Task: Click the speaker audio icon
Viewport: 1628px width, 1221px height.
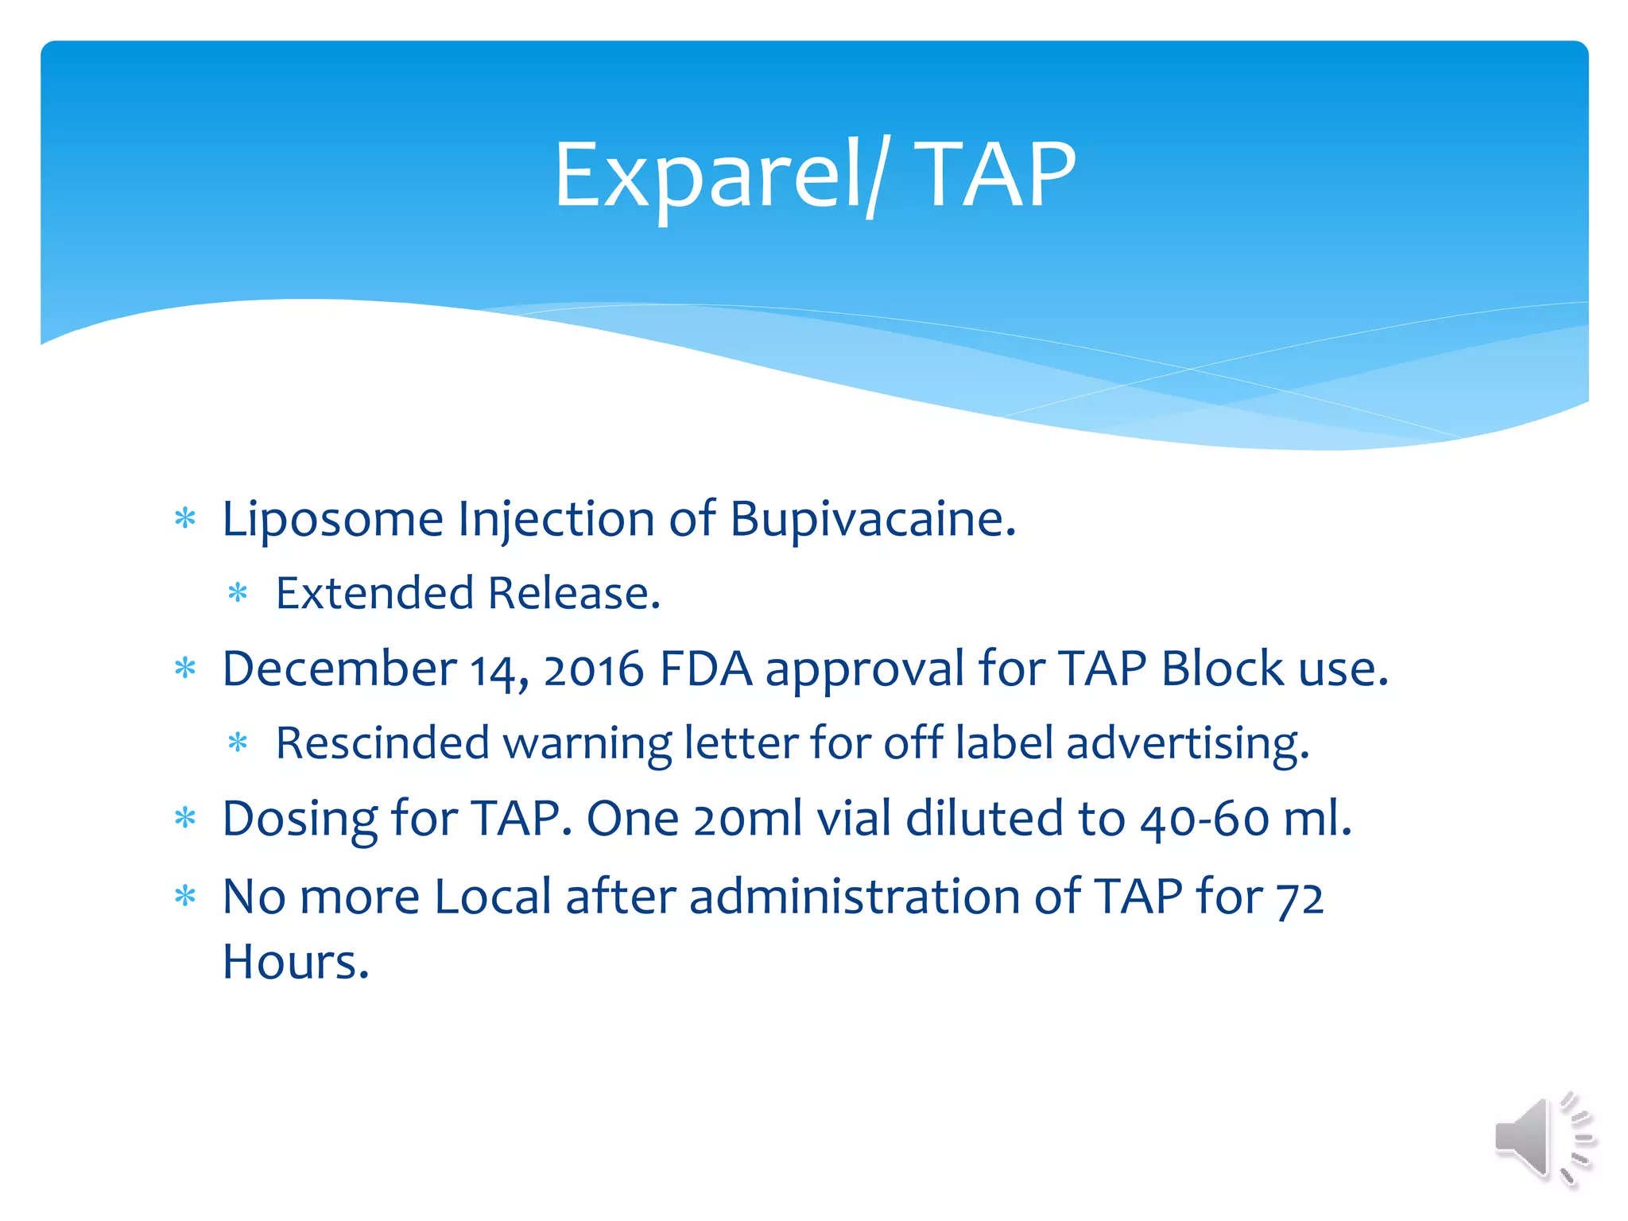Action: pos(1542,1138)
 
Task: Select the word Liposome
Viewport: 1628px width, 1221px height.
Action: pos(332,521)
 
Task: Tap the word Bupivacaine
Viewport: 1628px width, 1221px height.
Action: pos(872,521)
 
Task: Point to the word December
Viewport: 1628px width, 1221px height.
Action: pos(339,669)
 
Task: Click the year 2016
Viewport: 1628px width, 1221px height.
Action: pos(593,670)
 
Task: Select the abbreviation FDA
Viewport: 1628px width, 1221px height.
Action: pos(706,669)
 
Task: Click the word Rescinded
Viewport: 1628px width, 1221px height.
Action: pos(382,743)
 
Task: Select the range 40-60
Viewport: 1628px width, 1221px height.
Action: pos(1204,820)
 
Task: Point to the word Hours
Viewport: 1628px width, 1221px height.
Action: pos(295,963)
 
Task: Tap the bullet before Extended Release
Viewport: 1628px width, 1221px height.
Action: pos(238,594)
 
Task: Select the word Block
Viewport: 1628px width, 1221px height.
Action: pos(1222,669)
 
